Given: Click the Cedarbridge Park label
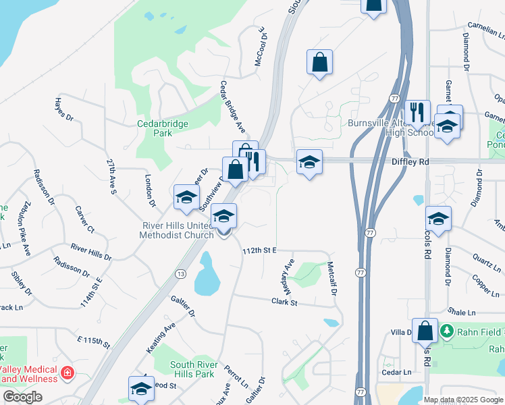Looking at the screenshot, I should point(163,129).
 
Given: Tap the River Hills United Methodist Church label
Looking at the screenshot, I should point(177,230).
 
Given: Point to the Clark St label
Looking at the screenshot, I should point(284,302).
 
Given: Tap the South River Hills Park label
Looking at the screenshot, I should point(184,369).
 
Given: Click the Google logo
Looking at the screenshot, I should point(22,397).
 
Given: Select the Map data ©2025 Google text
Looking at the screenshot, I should point(463,400).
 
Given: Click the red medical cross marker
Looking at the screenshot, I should point(67,373).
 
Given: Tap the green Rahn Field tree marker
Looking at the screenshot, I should point(446,331).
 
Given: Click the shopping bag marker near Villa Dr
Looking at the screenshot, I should point(425,331).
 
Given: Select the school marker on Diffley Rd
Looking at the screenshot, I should point(309,162).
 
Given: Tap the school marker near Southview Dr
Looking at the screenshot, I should point(186,197).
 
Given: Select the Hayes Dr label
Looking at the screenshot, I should point(63,108).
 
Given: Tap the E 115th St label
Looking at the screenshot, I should point(93,342).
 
